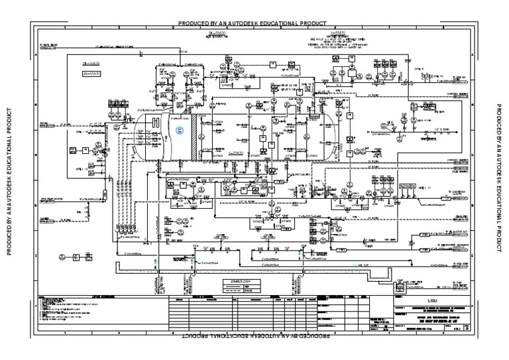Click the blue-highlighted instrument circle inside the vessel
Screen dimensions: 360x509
(x=178, y=131)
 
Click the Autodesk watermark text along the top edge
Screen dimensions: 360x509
(x=253, y=23)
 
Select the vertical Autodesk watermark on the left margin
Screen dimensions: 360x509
(x=9, y=180)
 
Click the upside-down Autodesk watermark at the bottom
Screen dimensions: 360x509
(x=253, y=336)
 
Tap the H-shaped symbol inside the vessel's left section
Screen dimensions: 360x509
(x=154, y=123)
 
